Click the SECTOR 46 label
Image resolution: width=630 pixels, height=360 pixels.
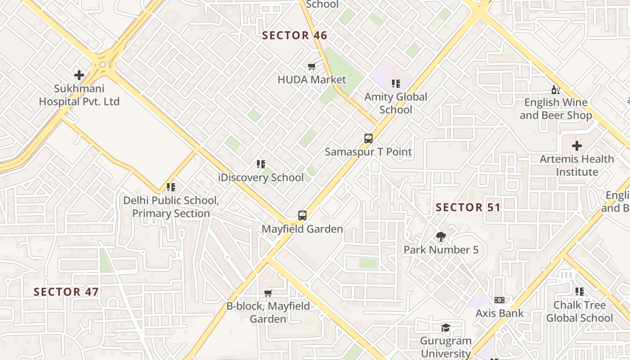pyautogui.click(x=294, y=36)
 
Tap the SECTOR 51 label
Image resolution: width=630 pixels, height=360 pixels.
pyautogui.click(x=468, y=207)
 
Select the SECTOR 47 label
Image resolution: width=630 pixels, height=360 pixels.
pyautogui.click(x=66, y=292)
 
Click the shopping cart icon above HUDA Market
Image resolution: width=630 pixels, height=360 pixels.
pyautogui.click(x=311, y=67)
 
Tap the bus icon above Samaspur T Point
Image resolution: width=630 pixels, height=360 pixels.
pyautogui.click(x=369, y=138)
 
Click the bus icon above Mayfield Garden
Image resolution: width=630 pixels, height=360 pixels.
pyautogui.click(x=302, y=216)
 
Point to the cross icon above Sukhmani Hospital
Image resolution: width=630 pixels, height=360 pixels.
pyautogui.click(x=79, y=75)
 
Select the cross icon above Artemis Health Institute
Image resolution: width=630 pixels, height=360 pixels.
pyautogui.click(x=576, y=146)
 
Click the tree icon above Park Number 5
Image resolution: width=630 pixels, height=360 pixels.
pyautogui.click(x=441, y=236)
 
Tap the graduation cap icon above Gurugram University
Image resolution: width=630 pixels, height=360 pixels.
pyautogui.click(x=445, y=327)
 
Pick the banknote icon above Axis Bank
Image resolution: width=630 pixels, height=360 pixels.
pyautogui.click(x=499, y=300)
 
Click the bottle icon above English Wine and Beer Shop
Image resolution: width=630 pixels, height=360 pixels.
pyautogui.click(x=556, y=90)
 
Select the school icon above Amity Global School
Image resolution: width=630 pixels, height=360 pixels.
pyautogui.click(x=396, y=83)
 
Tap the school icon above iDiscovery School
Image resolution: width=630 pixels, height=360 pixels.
pyautogui.click(x=261, y=164)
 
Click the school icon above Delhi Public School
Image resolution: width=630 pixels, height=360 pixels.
pyautogui.click(x=171, y=187)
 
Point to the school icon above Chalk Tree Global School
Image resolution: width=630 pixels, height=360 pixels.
pyautogui.click(x=580, y=292)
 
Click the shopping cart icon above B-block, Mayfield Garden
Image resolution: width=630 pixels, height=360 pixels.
pyautogui.click(x=268, y=293)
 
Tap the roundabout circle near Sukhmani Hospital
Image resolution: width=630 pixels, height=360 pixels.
pyautogui.click(x=103, y=65)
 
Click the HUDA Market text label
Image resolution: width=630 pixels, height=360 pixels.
pyautogui.click(x=312, y=80)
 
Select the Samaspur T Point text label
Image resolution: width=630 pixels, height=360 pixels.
pyautogui.click(x=368, y=152)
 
